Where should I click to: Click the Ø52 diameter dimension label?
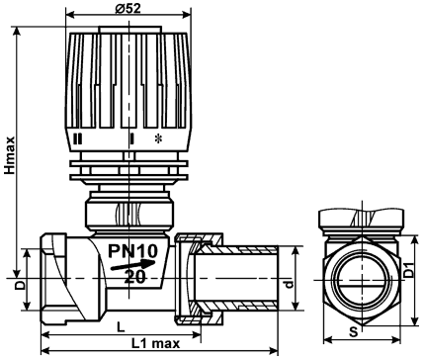[128, 8]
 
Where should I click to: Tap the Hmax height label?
[10, 155]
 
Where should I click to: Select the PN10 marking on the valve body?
[133, 251]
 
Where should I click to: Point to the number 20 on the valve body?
[134, 277]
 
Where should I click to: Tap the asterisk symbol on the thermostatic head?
[158, 138]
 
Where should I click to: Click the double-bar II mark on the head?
[77, 138]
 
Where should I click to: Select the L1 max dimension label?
[156, 343]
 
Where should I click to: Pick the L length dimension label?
[122, 327]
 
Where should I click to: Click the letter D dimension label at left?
[21, 285]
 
